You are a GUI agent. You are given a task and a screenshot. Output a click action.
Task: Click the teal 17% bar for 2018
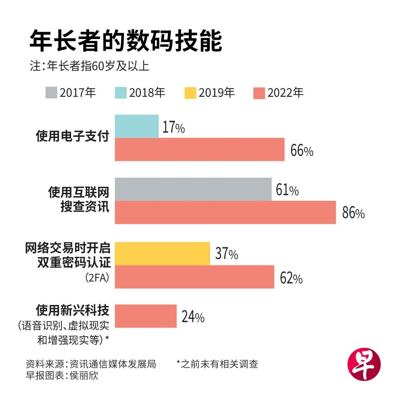click(136, 126)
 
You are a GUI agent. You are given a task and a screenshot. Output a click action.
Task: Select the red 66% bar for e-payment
click(199, 149)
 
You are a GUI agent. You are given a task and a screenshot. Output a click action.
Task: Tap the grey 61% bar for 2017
click(193, 189)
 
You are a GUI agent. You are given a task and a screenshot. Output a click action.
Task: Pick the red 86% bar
click(225, 212)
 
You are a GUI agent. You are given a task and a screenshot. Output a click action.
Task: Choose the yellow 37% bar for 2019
click(162, 254)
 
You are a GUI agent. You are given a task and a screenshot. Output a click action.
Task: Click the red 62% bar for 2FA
click(194, 277)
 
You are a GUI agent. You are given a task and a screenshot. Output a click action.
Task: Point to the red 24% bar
click(145, 316)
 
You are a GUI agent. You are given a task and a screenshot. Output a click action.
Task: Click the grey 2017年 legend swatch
click(51, 93)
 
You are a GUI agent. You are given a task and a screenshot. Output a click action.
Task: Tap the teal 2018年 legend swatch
click(121, 93)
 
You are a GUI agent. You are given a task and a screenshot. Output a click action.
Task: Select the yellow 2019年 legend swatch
click(190, 93)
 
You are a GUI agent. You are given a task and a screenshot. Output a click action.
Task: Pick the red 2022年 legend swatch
click(259, 93)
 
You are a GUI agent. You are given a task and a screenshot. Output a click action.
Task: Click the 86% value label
click(353, 213)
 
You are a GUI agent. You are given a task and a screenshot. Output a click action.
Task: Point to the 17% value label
click(174, 128)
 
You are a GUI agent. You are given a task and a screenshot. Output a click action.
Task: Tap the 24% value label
click(193, 317)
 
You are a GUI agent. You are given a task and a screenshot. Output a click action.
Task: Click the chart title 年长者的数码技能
click(126, 41)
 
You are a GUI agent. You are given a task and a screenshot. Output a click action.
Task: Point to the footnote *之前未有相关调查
click(217, 364)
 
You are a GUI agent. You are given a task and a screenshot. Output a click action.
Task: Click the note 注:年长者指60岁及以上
click(90, 66)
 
